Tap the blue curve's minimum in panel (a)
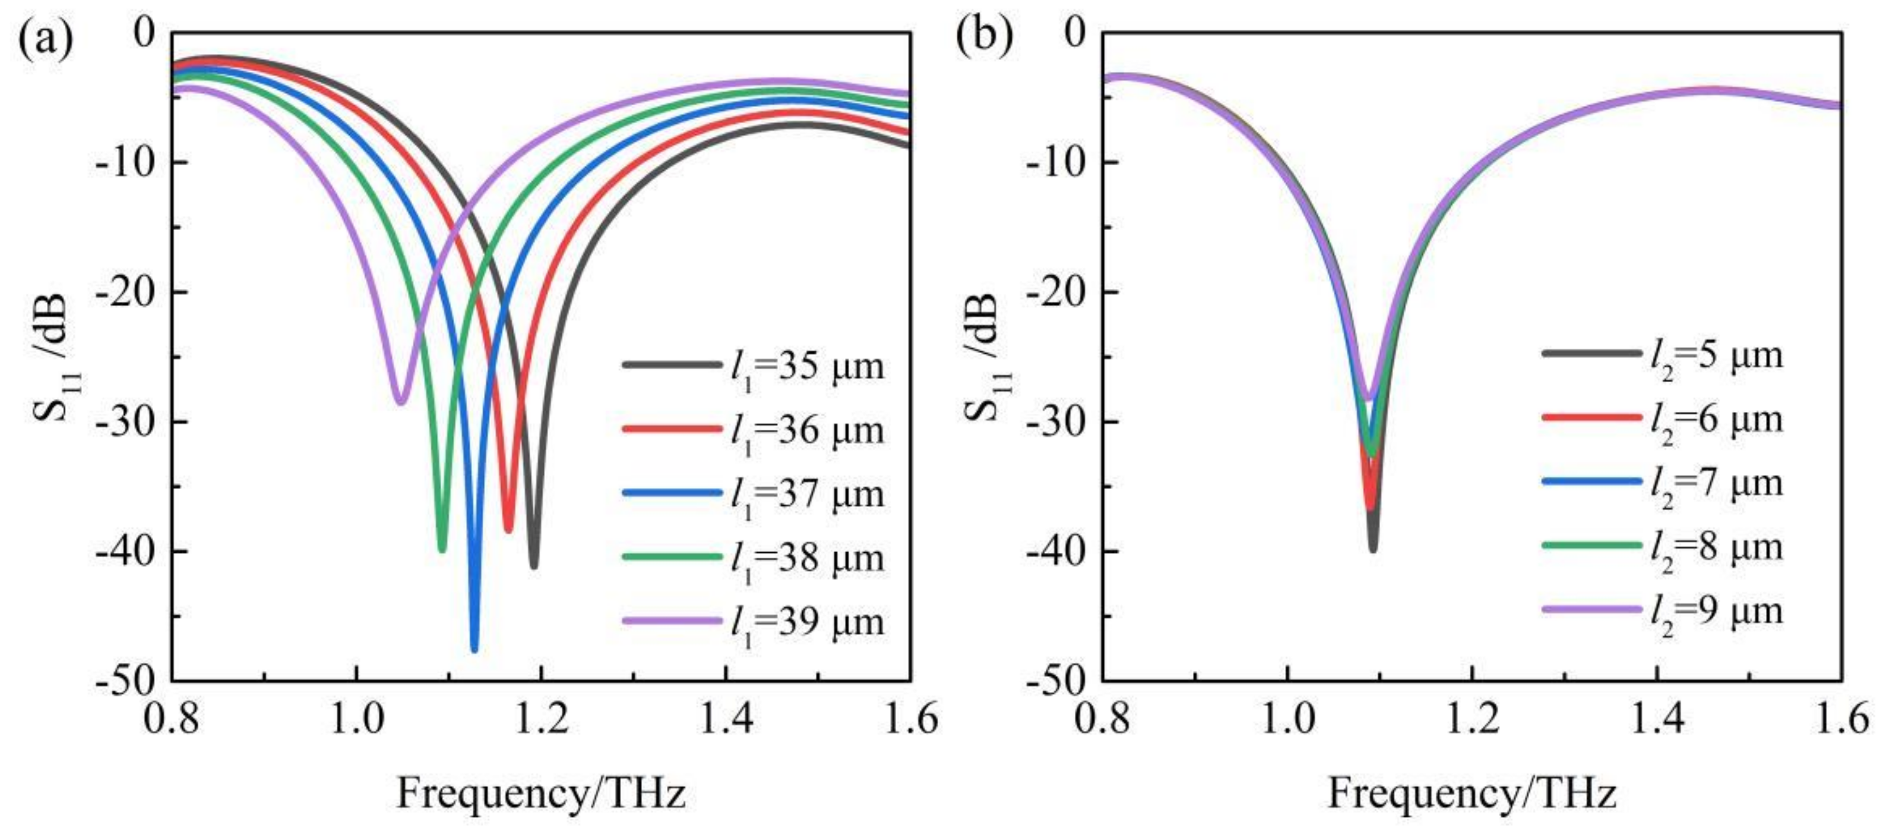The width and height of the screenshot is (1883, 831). (x=474, y=648)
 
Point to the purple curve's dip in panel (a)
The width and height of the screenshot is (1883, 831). (x=400, y=400)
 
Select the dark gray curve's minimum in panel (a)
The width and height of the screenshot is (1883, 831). (x=534, y=565)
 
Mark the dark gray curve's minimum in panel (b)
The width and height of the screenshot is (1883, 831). (x=1373, y=549)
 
